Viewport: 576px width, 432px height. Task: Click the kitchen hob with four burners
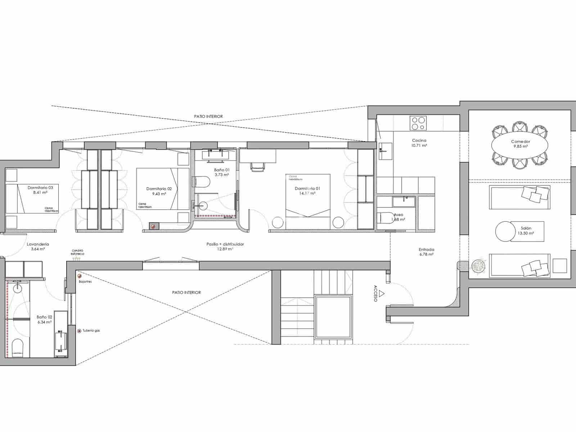click(x=418, y=123)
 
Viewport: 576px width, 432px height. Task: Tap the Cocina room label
click(x=419, y=140)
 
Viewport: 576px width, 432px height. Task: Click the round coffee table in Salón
click(x=505, y=231)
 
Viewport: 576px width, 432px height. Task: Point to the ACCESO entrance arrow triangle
click(x=382, y=294)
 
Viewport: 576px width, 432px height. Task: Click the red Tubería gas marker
click(x=79, y=330)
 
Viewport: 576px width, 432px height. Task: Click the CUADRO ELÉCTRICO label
click(x=77, y=252)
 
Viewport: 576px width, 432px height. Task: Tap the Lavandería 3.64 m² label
click(x=38, y=246)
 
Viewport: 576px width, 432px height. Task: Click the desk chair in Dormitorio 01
click(x=257, y=166)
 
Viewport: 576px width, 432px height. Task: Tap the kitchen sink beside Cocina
click(x=385, y=150)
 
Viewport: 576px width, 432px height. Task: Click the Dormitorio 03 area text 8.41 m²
click(x=40, y=193)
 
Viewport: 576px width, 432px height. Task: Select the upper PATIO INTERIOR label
click(x=208, y=117)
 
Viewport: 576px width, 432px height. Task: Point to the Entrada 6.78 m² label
click(x=426, y=252)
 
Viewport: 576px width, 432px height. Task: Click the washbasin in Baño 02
click(x=18, y=288)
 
